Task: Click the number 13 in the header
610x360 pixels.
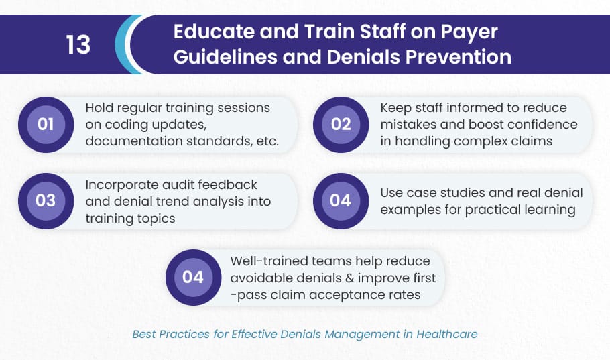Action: [78, 44]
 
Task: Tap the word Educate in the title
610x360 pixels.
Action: [213, 31]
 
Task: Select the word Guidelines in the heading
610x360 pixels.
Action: [225, 57]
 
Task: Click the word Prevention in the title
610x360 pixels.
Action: [459, 57]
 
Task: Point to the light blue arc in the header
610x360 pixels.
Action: [123, 44]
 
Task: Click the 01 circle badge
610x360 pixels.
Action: [46, 125]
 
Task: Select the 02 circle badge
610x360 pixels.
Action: [341, 125]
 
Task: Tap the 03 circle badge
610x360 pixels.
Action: [46, 201]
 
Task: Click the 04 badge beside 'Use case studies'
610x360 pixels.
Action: [341, 201]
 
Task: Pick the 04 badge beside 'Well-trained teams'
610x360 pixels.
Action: [193, 277]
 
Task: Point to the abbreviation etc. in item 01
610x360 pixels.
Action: [267, 141]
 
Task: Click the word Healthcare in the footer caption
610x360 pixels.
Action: [447, 334]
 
